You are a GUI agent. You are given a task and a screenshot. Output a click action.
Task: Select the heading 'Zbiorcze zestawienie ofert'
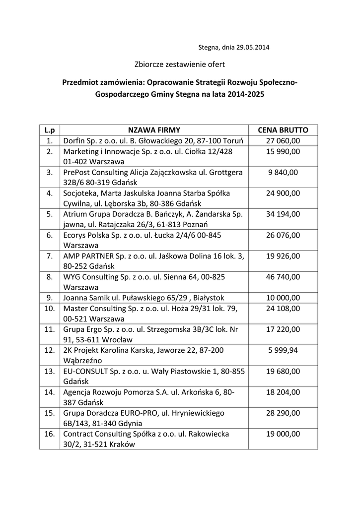180,64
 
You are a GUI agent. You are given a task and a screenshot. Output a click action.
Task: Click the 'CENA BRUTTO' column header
283,130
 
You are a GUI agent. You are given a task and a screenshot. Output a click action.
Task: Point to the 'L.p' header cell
50,130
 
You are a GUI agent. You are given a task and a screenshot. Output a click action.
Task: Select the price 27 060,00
283,141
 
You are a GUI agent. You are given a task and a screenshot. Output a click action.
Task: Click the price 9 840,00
283,172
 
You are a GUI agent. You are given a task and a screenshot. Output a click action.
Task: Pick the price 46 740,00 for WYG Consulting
283,277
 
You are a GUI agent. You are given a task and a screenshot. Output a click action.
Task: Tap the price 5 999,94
283,350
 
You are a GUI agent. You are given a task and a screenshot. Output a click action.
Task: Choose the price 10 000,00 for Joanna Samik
283,298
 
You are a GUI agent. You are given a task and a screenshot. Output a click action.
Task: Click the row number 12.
50,350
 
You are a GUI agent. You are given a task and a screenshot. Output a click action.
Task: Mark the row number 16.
50,434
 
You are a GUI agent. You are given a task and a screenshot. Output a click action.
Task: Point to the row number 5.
50,214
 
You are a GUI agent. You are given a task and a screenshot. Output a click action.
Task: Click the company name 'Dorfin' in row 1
74,141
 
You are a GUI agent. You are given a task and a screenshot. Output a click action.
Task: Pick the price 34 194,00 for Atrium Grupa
283,214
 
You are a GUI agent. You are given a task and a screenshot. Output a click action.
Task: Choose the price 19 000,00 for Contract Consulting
283,434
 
